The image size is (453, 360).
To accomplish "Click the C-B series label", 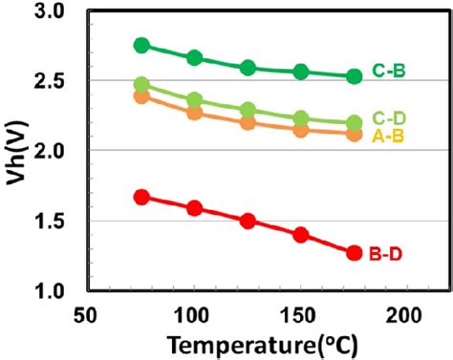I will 391,70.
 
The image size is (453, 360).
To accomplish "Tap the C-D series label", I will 391,117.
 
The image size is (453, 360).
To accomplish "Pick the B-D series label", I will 391,254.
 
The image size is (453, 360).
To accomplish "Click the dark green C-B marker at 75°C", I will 141,45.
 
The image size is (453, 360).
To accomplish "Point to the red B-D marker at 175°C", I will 354,253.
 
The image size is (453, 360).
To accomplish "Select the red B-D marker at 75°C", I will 141,197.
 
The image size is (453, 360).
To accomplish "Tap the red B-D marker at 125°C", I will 248,221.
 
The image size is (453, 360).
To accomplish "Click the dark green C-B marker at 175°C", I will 354,75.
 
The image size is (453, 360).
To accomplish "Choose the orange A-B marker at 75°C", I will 141,95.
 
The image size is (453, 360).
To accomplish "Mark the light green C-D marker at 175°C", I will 354,123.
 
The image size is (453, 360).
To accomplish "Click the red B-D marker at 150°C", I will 301,234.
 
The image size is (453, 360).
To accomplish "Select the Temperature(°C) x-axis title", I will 248,344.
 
